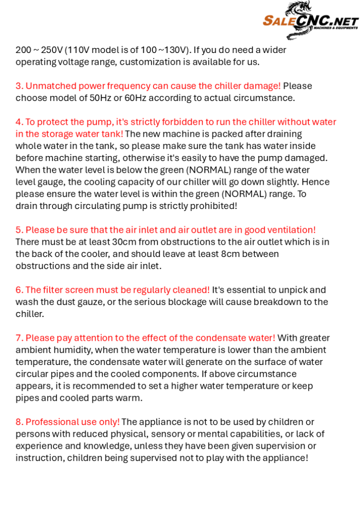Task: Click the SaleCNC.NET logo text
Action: [x=310, y=21]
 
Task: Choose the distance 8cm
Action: [x=230, y=254]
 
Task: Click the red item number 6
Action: [x=19, y=290]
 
